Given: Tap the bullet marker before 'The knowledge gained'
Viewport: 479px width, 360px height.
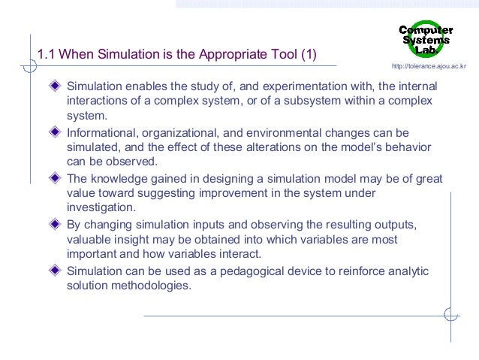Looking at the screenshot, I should [55, 179].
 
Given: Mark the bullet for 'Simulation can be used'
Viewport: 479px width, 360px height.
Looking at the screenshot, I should [55, 271].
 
